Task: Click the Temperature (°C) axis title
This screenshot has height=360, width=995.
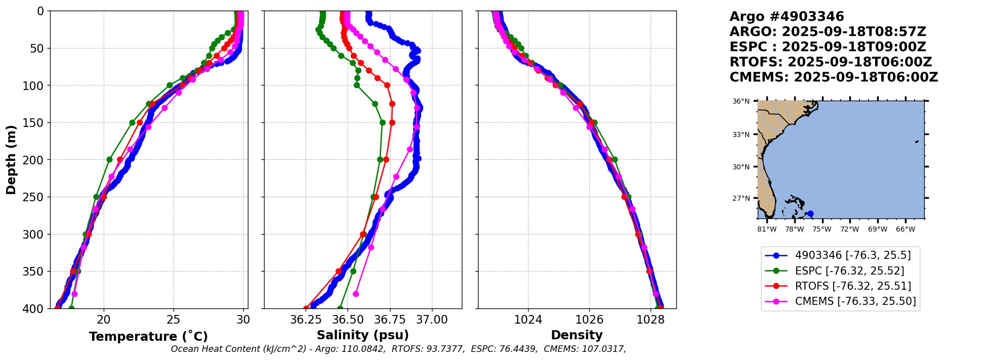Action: (148, 337)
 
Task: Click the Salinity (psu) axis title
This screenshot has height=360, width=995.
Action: (363, 335)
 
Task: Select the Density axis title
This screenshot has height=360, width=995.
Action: (577, 335)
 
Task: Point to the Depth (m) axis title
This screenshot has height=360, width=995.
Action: (11, 160)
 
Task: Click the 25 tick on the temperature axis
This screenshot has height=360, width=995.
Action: (174, 320)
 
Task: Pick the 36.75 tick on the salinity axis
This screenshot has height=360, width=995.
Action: (390, 320)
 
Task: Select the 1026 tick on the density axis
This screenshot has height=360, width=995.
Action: (589, 320)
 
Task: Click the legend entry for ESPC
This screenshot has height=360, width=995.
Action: (849, 271)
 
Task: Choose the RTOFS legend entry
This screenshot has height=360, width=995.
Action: (853, 286)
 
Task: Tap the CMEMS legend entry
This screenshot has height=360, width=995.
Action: (855, 301)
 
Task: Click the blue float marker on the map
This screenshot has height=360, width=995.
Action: (810, 214)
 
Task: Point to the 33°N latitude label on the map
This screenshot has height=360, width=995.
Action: (741, 134)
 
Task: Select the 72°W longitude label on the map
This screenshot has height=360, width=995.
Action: (850, 230)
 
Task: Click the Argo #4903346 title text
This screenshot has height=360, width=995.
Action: (787, 17)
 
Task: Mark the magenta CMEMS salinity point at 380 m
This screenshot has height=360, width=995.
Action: (356, 294)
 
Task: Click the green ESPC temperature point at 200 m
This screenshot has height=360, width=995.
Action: (109, 160)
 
